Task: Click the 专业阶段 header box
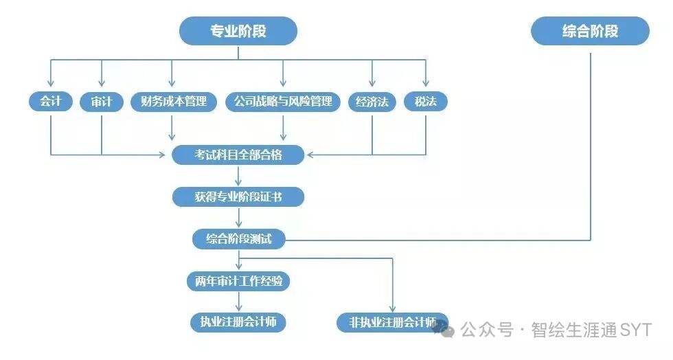[x=238, y=32]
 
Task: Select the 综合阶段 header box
[x=590, y=32]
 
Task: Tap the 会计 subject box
[x=51, y=102]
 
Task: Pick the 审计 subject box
[x=102, y=102]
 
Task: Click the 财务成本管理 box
[x=173, y=102]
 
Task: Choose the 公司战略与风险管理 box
[x=283, y=102]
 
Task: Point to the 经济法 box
[x=372, y=102]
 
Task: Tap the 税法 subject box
[x=426, y=102]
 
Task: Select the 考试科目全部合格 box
[x=238, y=155]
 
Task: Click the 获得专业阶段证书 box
[x=238, y=197]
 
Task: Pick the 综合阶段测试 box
[x=238, y=239]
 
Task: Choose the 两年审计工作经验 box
[x=238, y=281]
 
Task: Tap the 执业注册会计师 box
[x=238, y=322]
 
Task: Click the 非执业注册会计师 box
[x=393, y=322]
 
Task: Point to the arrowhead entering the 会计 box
[x=51, y=85]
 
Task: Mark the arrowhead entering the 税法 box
[x=426, y=85]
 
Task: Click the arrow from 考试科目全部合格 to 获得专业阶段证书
[x=238, y=177]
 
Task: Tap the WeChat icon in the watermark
[x=443, y=330]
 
